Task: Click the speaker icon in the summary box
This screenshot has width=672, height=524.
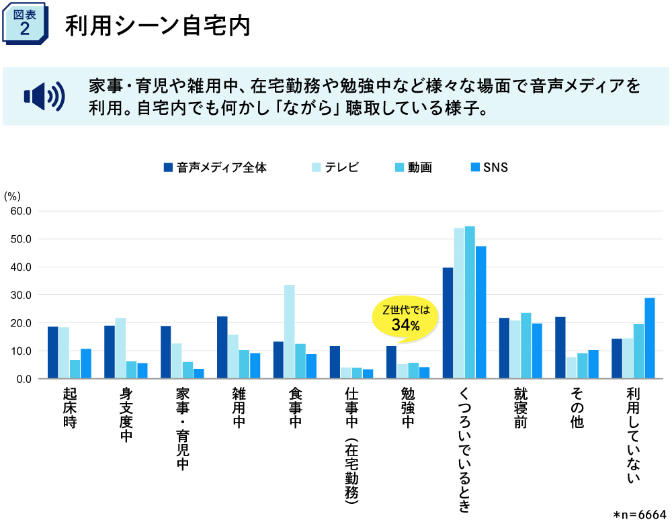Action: (44, 97)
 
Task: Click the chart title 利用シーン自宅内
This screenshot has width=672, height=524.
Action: (157, 26)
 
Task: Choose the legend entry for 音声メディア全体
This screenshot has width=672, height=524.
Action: (215, 167)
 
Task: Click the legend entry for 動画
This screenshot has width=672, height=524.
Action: (413, 167)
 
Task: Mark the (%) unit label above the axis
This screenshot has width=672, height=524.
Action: (13, 195)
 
